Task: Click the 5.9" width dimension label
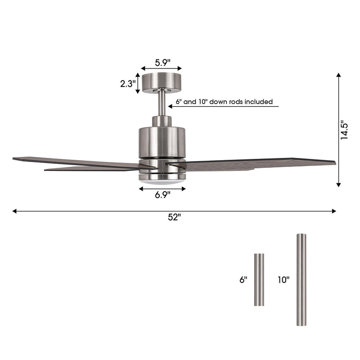[x=162, y=63]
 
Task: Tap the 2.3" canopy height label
[x=128, y=84]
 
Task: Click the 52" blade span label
[x=174, y=217]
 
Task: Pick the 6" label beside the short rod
[x=243, y=279]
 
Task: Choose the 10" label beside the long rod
[x=283, y=279]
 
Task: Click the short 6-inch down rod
[x=259, y=280]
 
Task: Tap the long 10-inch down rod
[x=301, y=279]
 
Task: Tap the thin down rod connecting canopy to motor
[x=161, y=103]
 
